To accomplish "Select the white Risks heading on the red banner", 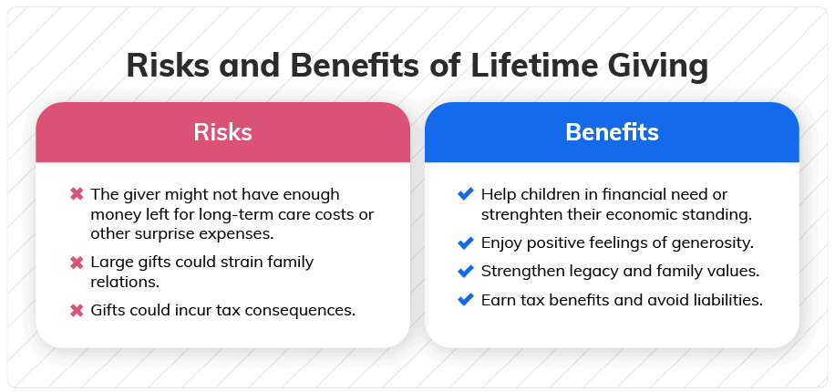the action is pyautogui.click(x=222, y=132).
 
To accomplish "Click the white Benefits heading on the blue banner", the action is pyautogui.click(x=612, y=132).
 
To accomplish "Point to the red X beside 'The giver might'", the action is pyautogui.click(x=77, y=194).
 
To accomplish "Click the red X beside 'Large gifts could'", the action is pyautogui.click(x=77, y=262).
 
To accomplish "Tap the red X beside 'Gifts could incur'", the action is pyautogui.click(x=77, y=310).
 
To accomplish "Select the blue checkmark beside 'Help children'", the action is pyautogui.click(x=466, y=194).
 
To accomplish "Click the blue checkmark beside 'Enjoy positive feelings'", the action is pyautogui.click(x=466, y=242).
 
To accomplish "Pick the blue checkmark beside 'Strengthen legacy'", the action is pyautogui.click(x=466, y=271).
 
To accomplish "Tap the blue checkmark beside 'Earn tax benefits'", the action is pyautogui.click(x=466, y=300).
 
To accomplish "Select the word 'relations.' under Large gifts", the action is pyautogui.click(x=125, y=281).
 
